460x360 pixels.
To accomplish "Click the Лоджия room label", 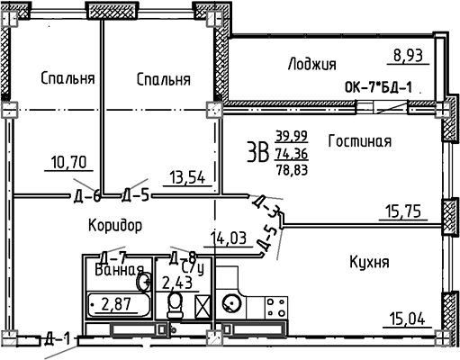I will pyautogui.click(x=311, y=64).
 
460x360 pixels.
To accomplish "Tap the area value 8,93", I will pyautogui.click(x=405, y=57).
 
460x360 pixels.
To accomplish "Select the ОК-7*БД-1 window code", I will pyautogui.click(x=378, y=88).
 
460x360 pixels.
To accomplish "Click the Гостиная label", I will pyautogui.click(x=358, y=140).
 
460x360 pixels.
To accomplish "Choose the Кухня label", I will pyautogui.click(x=368, y=262).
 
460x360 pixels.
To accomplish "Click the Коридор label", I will pyautogui.click(x=116, y=223).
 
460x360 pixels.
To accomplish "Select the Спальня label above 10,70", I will pyautogui.click(x=68, y=79).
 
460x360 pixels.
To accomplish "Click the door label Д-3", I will pyautogui.click(x=275, y=213).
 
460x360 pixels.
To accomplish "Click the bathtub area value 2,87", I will pyautogui.click(x=115, y=303).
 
